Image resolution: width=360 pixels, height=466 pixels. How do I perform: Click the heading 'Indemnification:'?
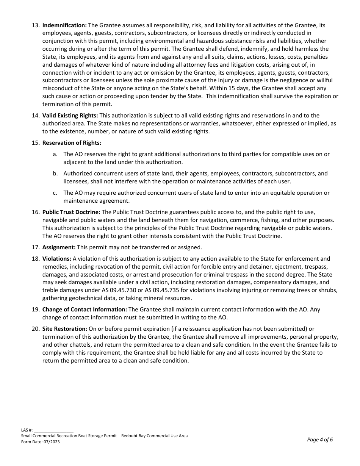click(x=64, y=25)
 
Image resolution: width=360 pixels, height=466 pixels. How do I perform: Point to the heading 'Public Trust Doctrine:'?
click(x=71, y=212)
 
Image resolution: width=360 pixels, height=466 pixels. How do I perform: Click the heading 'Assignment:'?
click(x=59, y=247)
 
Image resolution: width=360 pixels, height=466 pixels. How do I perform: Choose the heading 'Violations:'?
click(x=57, y=259)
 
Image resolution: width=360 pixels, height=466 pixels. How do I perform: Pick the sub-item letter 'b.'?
click(x=55, y=174)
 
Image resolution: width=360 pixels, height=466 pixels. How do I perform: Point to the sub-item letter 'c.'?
click(x=55, y=193)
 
